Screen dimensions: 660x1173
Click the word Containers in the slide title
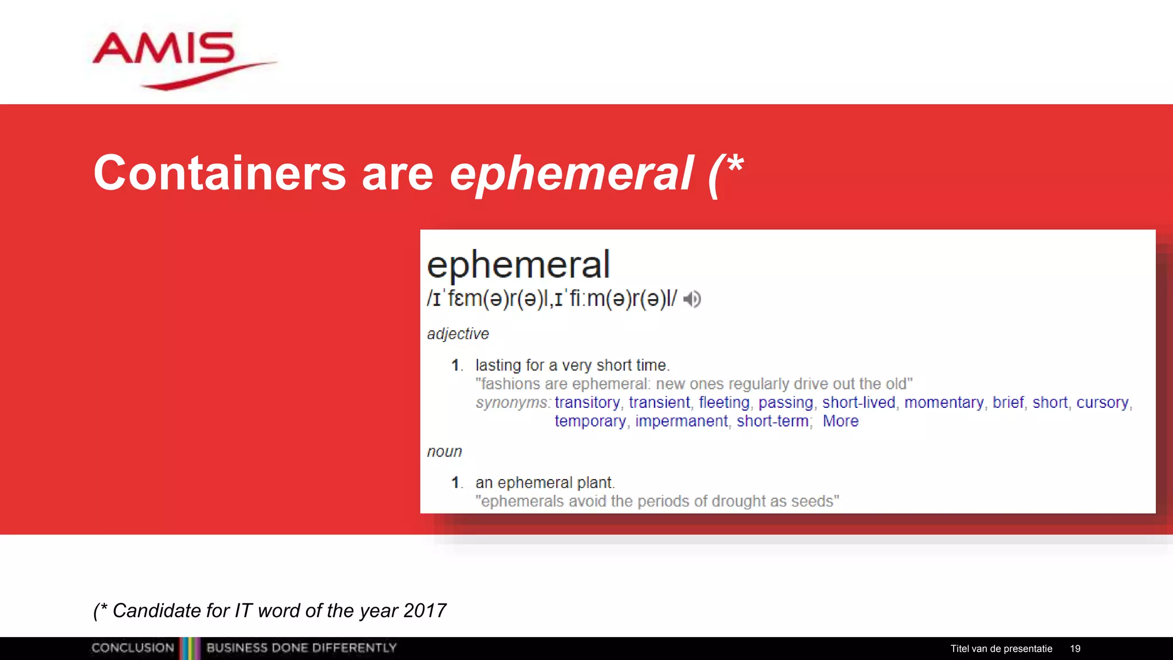[x=219, y=173]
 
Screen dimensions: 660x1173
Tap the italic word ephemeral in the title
[x=571, y=173]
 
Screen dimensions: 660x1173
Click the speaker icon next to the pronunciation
[x=692, y=299]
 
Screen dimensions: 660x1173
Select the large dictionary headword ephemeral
[x=518, y=265]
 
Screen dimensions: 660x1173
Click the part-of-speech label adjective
[x=458, y=334]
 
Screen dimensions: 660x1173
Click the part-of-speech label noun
[x=444, y=451]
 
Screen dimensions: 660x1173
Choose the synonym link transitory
[x=587, y=403]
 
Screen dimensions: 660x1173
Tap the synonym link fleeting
[x=724, y=403]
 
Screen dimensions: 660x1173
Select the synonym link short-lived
[x=859, y=403]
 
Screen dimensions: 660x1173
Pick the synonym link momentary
[x=944, y=403]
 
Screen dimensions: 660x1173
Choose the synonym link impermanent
[x=682, y=422]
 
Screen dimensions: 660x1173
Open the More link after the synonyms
[x=840, y=422]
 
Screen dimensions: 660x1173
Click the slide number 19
[x=1075, y=649]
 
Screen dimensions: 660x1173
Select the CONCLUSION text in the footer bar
[x=133, y=648]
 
